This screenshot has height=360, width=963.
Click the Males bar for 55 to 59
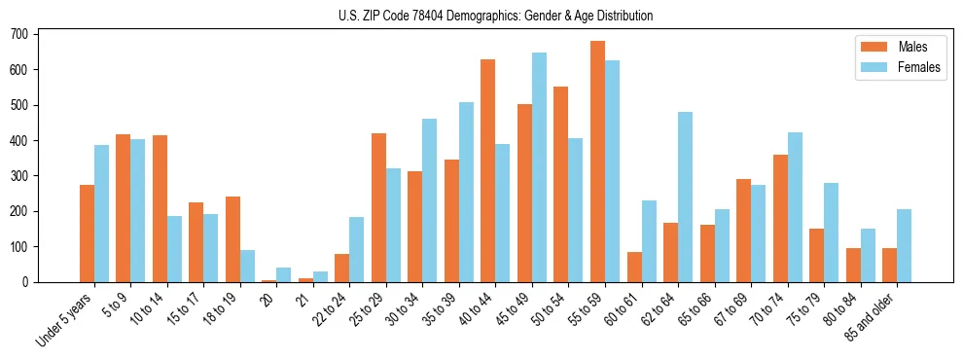tap(597, 162)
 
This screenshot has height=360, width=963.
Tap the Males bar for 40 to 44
tap(488, 171)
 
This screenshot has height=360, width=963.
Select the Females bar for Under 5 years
tap(101, 214)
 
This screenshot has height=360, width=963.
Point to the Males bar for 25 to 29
tap(378, 208)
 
